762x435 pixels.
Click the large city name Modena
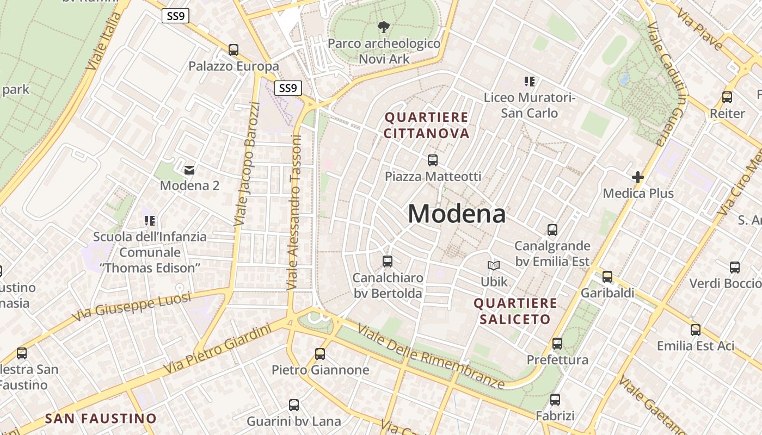pos(456,214)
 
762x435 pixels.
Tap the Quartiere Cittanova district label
pos(426,126)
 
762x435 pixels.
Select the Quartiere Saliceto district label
pos(515,311)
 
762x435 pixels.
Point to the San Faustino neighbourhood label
pos(101,419)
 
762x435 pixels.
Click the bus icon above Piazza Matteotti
pos(433,160)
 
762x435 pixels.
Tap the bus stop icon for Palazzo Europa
pos(233,50)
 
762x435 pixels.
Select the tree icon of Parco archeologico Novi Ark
pos(384,27)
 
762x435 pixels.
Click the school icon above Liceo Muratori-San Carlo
pos(530,82)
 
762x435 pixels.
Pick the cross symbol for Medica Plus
pos(638,177)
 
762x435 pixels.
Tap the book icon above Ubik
pos(494,265)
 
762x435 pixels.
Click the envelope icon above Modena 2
pos(189,170)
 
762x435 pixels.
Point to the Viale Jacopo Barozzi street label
pos(248,164)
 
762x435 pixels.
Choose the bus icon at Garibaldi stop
pos(607,277)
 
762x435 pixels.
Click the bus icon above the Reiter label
pos(727,97)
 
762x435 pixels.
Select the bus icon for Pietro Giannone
pos(320,354)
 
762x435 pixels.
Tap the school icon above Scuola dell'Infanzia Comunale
pos(150,220)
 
